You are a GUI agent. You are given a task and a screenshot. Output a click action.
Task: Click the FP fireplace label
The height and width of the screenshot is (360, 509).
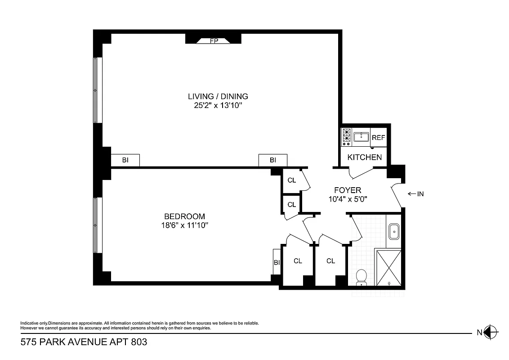pos(214,41)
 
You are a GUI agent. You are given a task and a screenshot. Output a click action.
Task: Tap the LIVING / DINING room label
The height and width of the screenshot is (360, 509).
pos(218,96)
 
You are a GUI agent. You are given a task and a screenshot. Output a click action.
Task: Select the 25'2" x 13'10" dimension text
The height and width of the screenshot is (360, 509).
pos(218,106)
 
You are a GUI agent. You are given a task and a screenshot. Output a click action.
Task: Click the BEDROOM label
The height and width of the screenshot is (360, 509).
pos(184,216)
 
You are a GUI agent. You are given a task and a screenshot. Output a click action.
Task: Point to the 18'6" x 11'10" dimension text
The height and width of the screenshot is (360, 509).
pos(184,225)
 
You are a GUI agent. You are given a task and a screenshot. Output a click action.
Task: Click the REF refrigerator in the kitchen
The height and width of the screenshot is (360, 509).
pos(378,138)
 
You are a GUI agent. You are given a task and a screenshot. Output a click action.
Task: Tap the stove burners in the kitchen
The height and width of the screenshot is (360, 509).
pos(347,137)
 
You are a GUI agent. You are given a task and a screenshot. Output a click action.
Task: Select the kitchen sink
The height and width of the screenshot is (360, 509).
pos(361,137)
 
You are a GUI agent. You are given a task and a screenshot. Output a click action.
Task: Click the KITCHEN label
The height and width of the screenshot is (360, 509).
pos(365,157)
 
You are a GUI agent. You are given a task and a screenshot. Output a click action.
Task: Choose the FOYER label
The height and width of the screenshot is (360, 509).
pos(348,190)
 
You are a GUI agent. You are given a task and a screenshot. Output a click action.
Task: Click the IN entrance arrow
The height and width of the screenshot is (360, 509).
pos(415,194)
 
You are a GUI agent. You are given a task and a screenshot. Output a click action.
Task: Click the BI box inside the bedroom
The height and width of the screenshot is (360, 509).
pos(277,262)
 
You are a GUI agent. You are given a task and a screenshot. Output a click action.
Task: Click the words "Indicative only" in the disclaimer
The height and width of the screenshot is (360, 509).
pos(34,323)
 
